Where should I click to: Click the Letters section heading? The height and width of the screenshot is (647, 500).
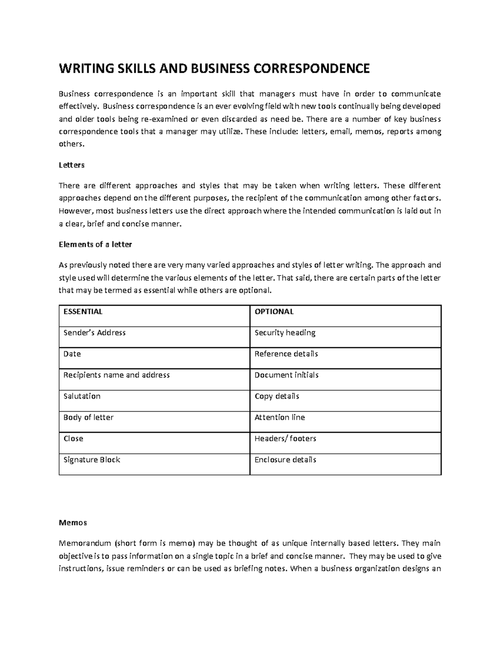(x=71, y=165)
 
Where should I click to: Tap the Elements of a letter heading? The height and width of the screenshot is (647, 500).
(x=95, y=245)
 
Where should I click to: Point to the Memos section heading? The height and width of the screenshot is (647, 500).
(x=72, y=522)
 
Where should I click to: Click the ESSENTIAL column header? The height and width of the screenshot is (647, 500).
(x=82, y=312)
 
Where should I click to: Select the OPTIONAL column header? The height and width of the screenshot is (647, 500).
(x=274, y=312)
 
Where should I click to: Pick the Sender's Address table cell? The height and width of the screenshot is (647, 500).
(x=94, y=333)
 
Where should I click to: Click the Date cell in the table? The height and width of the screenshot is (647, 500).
(x=72, y=354)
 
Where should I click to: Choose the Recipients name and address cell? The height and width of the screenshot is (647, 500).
(x=116, y=375)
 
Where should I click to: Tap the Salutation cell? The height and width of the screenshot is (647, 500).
(x=82, y=396)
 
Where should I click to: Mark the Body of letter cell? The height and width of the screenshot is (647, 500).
(x=88, y=417)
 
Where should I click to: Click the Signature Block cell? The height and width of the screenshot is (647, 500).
(x=92, y=460)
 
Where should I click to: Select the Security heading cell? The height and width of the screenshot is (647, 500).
(x=285, y=333)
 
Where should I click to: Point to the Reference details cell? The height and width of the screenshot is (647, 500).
(x=286, y=354)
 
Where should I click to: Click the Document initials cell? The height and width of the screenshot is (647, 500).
(x=286, y=375)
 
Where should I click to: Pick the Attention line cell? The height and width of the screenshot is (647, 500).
(x=280, y=417)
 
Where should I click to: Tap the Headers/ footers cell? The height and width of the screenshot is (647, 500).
(x=285, y=439)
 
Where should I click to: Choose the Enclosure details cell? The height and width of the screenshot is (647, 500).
(x=285, y=460)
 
